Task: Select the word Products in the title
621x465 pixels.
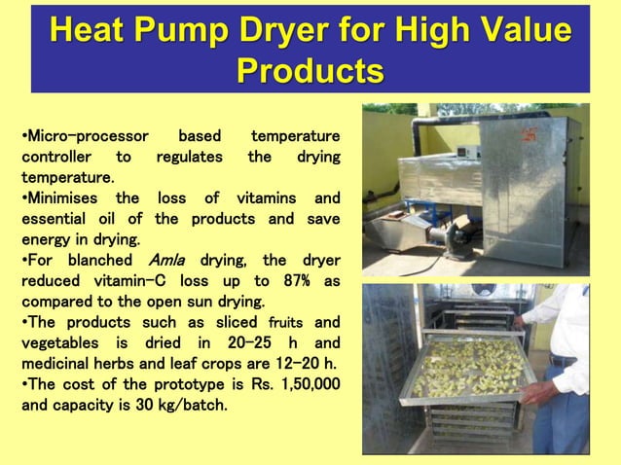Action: point(310,71)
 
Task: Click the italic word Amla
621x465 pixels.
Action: point(169,260)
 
